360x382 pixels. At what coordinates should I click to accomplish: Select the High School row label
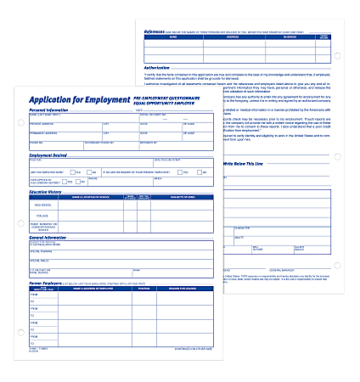42,205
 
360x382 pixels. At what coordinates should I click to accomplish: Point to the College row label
42,215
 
